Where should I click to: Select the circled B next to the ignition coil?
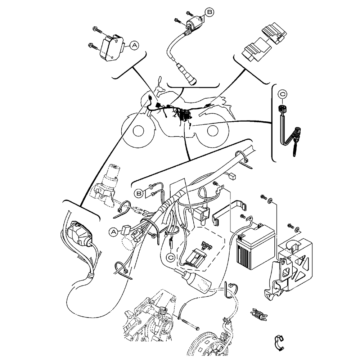pos(210,12)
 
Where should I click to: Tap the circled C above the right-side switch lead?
pos(283,94)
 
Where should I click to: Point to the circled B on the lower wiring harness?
pos(139,193)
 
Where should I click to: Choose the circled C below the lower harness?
pos(171,257)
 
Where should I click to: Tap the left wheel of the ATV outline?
pos(138,130)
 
